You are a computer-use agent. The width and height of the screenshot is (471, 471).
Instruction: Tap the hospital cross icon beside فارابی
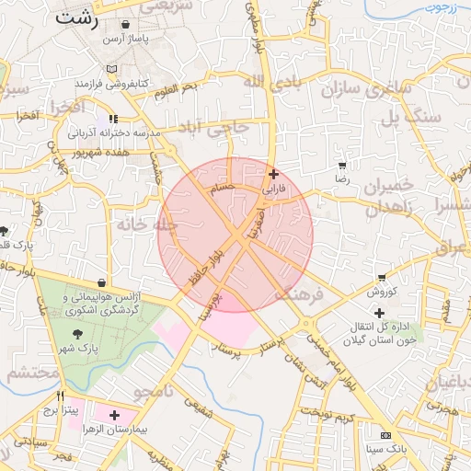pos(273,174)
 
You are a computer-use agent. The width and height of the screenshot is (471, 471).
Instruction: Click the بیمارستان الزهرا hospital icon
pos(114,415)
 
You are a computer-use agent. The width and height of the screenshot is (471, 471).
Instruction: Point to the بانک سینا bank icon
pos(385,435)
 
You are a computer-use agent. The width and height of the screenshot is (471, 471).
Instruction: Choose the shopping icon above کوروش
pos(382,278)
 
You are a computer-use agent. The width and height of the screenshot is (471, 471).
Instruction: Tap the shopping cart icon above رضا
pos(342,167)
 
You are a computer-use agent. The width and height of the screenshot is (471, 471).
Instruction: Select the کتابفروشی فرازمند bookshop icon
pos(110,70)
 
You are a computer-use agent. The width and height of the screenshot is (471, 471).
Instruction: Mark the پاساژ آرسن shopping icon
pos(124,25)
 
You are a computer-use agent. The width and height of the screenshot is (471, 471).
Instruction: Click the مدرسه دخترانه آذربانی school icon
pos(113,119)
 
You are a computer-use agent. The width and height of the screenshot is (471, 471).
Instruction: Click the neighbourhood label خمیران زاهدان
pos(396,197)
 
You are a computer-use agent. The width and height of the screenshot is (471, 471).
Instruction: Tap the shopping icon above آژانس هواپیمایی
pos(100,283)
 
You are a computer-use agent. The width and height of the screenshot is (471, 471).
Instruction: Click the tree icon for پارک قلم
pos(5,231)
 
